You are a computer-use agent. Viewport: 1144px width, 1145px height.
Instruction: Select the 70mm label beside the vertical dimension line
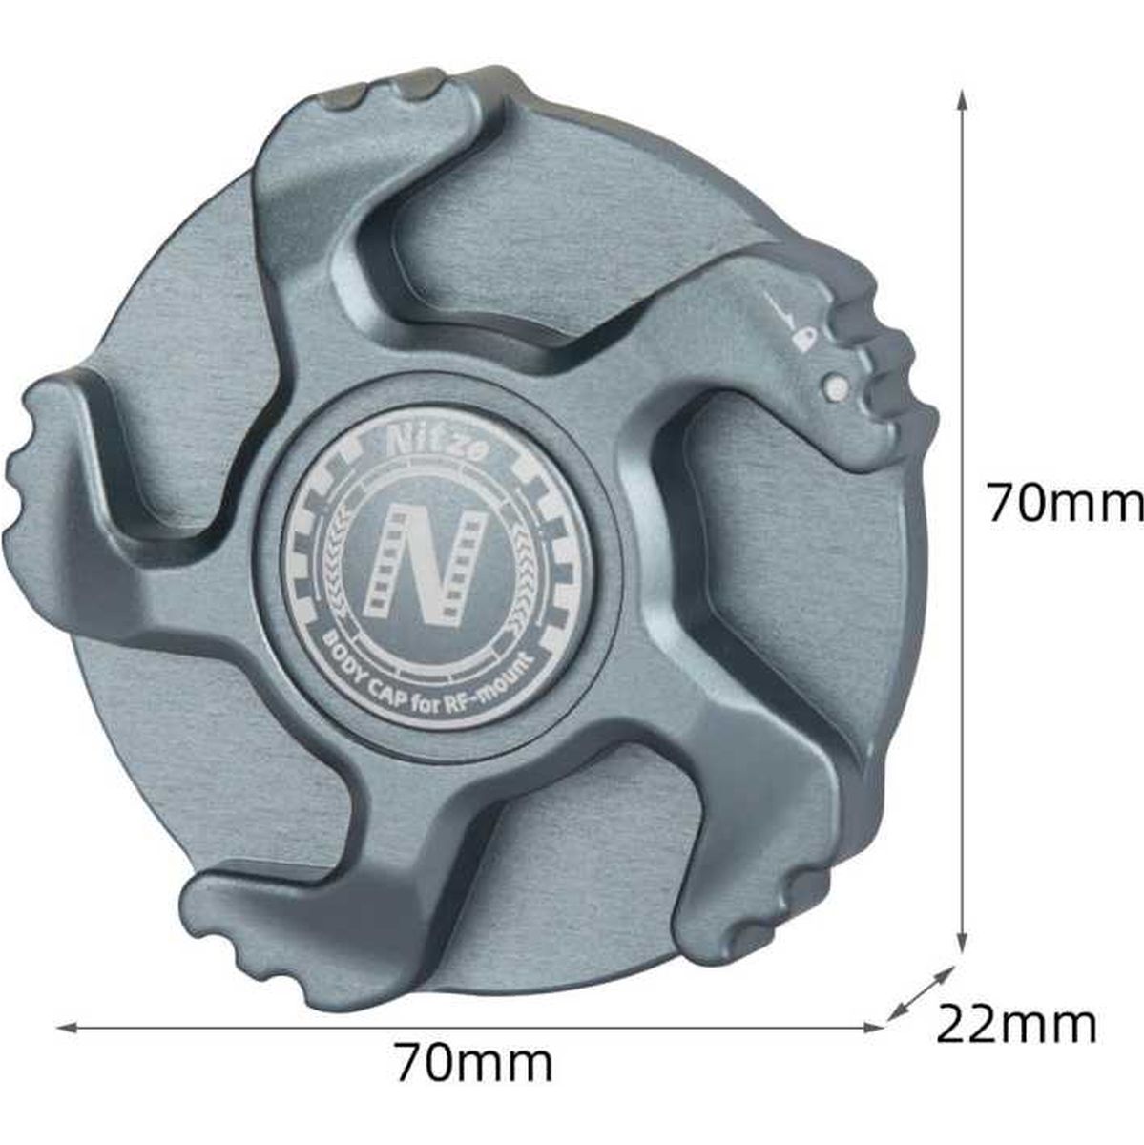(1065, 502)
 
